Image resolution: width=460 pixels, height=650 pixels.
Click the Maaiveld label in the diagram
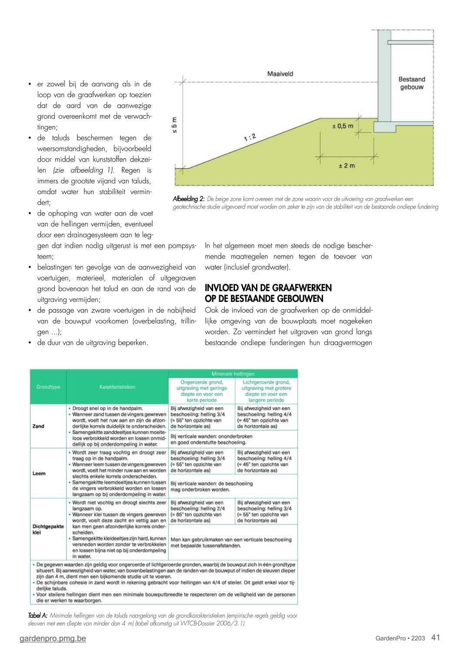coord(280,74)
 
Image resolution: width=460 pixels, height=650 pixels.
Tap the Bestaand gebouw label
coord(411,83)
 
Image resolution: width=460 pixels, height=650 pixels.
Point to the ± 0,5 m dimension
coord(343,126)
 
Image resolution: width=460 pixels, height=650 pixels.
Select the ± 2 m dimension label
coord(347,166)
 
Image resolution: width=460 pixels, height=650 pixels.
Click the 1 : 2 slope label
coord(250,138)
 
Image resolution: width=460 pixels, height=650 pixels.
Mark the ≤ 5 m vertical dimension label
coord(174,126)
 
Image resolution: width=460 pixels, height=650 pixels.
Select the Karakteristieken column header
coord(117,387)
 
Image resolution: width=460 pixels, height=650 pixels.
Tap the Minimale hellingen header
coord(233,374)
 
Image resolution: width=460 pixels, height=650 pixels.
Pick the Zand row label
coord(38,426)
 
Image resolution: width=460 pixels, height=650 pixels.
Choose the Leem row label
coord(39,473)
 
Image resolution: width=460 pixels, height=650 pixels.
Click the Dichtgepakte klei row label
coord(48,529)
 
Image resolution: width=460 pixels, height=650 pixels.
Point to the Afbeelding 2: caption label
coord(189,199)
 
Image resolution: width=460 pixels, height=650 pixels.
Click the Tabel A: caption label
coord(37,616)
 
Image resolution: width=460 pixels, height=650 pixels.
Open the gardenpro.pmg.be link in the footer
coord(53,638)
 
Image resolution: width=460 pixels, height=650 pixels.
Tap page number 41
coord(436,637)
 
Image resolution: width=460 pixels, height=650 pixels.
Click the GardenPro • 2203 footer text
coord(400,638)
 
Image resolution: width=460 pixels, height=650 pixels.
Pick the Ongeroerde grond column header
coord(201,391)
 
